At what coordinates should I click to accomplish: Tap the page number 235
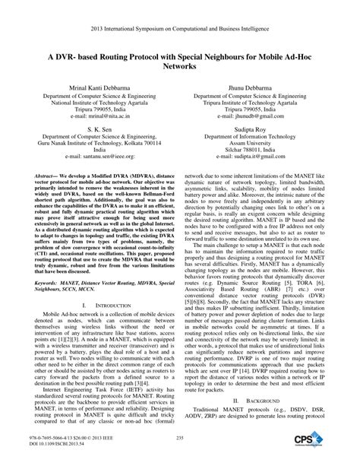tap(180, 448)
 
